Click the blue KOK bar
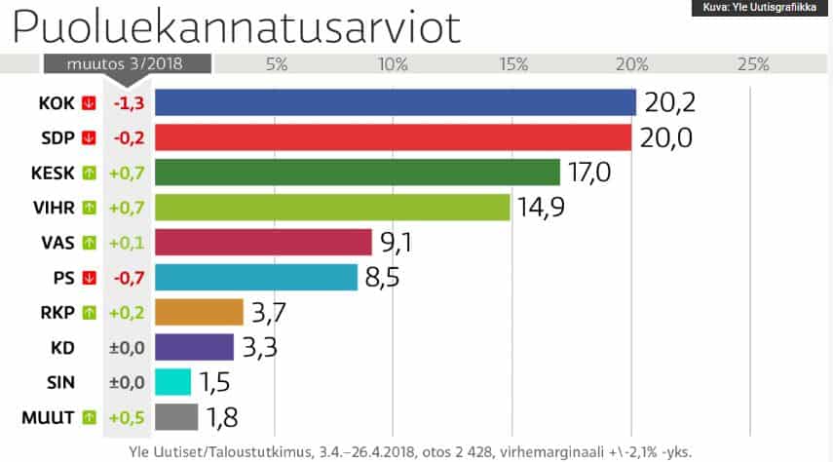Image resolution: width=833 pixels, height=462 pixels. click(395, 102)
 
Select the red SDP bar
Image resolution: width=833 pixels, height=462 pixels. click(393, 137)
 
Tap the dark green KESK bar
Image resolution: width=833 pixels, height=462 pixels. click(357, 173)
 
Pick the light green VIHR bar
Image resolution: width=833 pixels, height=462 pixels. click(332, 208)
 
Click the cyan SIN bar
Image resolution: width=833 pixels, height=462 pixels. click(172, 382)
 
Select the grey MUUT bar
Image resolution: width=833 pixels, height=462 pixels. click(176, 417)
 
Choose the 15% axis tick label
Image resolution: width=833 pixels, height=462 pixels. click(513, 64)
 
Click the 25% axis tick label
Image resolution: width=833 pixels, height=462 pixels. click(753, 64)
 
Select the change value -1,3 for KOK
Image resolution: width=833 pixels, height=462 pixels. click(130, 102)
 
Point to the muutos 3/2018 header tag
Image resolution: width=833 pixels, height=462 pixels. click(127, 63)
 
